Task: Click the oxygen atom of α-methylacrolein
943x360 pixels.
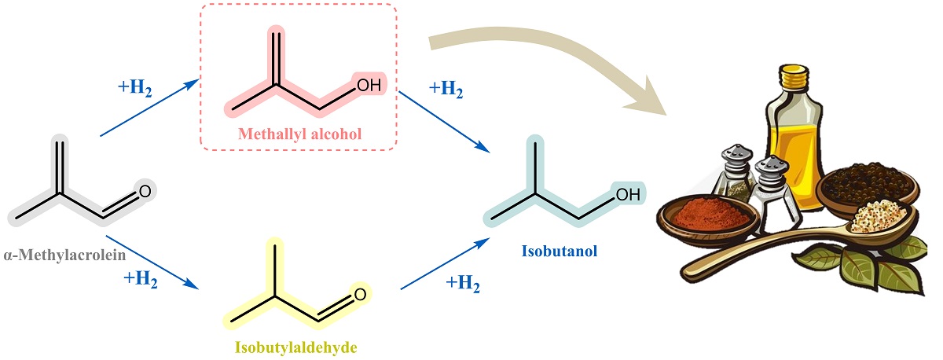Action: pos(144,191)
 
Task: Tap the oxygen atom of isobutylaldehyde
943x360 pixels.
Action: pos(360,296)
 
